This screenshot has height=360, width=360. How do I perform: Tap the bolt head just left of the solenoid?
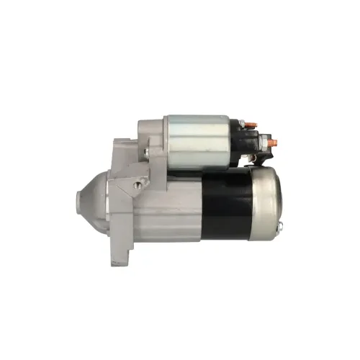pyautogui.click(x=145, y=152)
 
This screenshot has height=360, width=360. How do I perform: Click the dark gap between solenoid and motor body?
pyautogui.click(x=209, y=171)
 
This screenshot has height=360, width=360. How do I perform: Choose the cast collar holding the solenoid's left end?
pyautogui.click(x=153, y=140)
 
